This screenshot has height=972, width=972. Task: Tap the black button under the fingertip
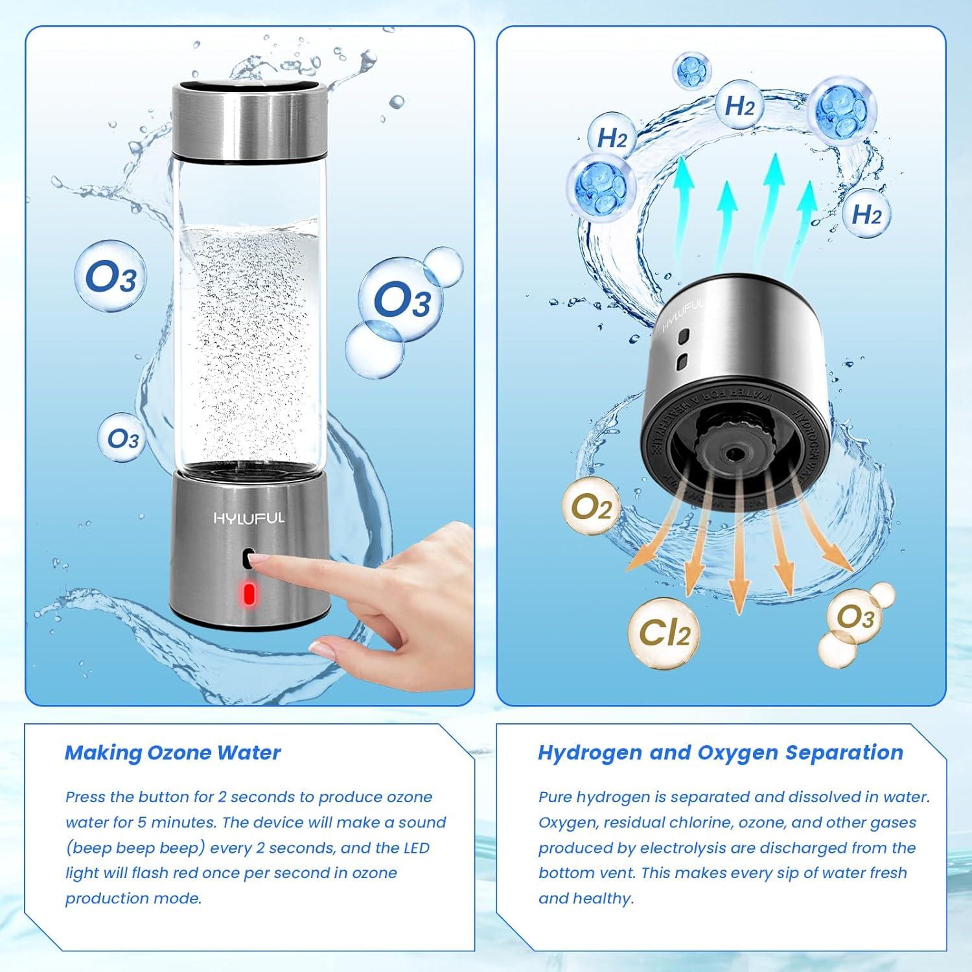(x=248, y=558)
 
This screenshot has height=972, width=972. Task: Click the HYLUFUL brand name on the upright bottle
(x=249, y=518)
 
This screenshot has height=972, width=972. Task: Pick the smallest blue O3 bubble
(x=123, y=439)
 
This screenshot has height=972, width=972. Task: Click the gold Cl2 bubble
(x=665, y=632)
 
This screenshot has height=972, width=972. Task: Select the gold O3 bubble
(x=855, y=617)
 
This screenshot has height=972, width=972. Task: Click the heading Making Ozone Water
(x=172, y=753)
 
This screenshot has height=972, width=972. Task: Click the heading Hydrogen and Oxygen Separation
(x=720, y=753)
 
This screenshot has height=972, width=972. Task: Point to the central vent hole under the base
(x=734, y=456)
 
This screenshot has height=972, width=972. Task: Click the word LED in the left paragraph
(x=411, y=848)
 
